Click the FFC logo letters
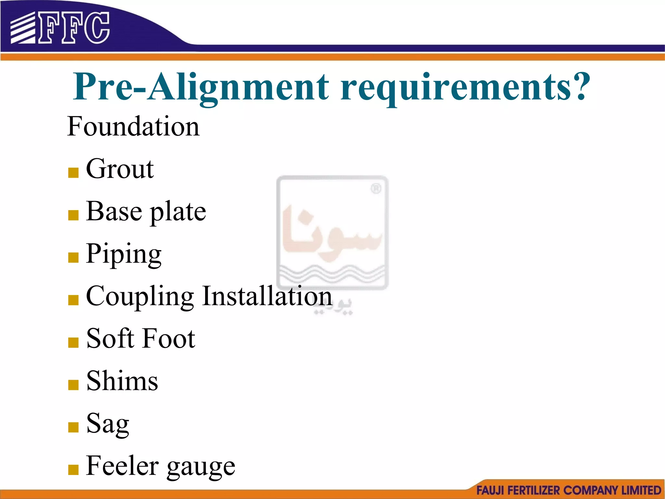point(74,28)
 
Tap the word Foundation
point(133,126)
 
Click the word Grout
point(120,169)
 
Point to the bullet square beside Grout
point(73,173)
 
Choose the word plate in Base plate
point(178,212)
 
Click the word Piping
point(124,254)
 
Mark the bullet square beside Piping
point(73,257)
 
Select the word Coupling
point(140,297)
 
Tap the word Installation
point(267,296)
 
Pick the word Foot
point(169,339)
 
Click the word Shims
point(122,381)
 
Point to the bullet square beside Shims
point(73,385)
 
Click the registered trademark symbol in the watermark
point(376,188)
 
